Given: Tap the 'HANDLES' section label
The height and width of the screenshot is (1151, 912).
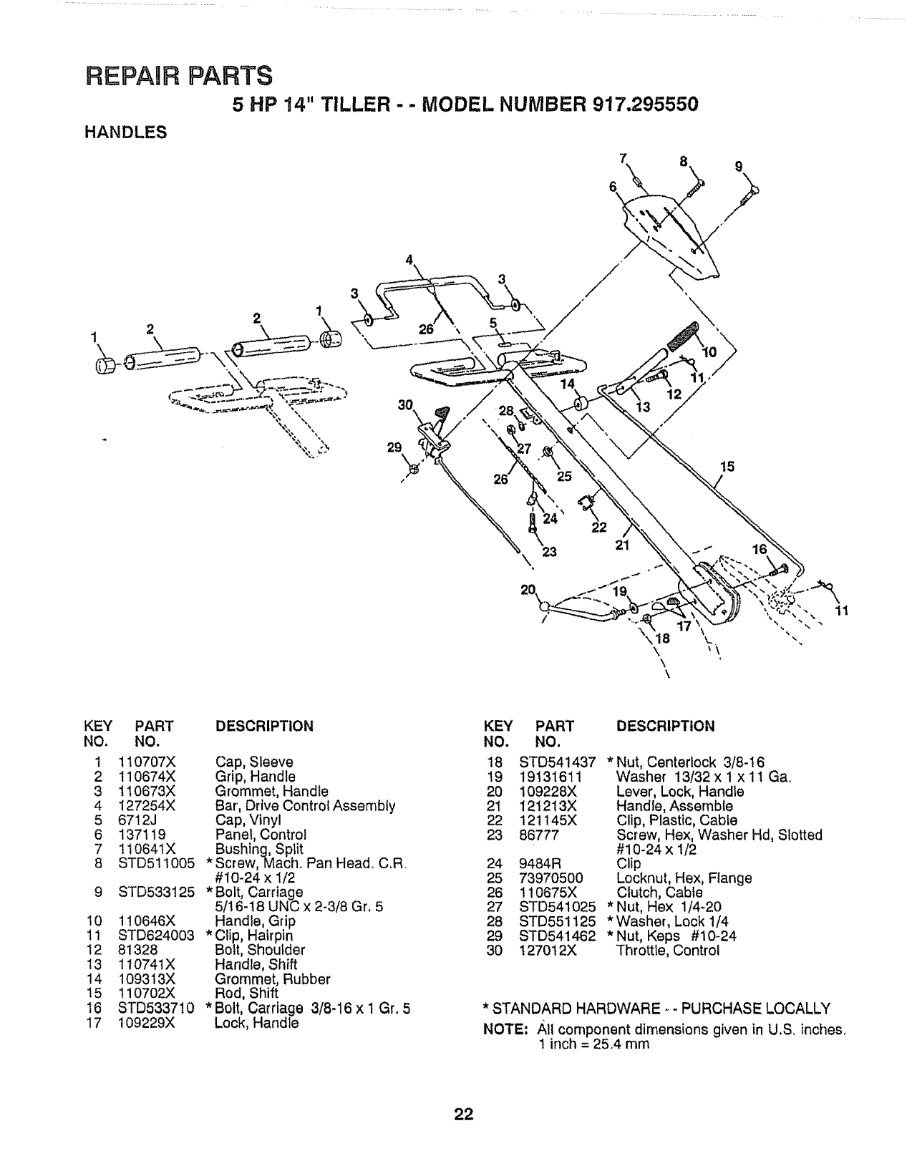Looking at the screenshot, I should point(125,132).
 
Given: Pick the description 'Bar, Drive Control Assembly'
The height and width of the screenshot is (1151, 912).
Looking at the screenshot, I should point(305,806).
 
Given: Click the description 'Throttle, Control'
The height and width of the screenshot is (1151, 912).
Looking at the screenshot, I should point(667,951).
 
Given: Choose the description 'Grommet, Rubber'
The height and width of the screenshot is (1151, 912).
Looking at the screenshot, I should point(273,979).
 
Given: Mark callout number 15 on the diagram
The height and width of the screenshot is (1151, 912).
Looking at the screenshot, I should point(727,467).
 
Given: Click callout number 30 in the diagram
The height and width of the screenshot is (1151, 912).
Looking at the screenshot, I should point(407,405).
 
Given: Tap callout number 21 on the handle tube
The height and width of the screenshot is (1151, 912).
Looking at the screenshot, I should point(621,545).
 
